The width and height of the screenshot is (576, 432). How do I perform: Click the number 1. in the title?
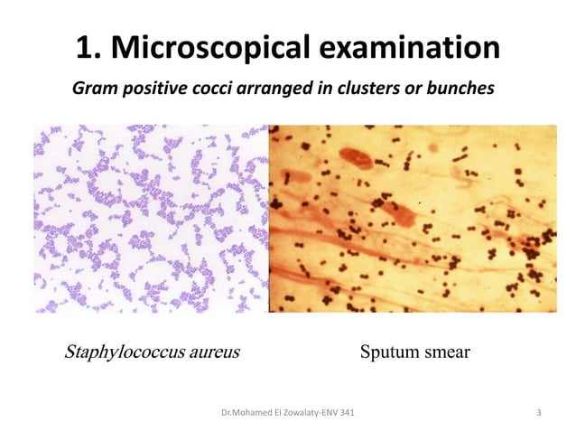pos(90,49)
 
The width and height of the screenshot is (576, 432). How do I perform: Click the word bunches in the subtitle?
pos(457,89)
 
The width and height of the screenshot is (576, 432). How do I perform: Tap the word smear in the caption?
pos(444,352)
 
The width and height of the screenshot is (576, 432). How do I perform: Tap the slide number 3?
pos(538,413)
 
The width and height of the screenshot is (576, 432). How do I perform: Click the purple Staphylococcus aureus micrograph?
pos(152,219)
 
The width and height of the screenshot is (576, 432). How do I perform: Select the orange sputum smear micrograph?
pos(413,219)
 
